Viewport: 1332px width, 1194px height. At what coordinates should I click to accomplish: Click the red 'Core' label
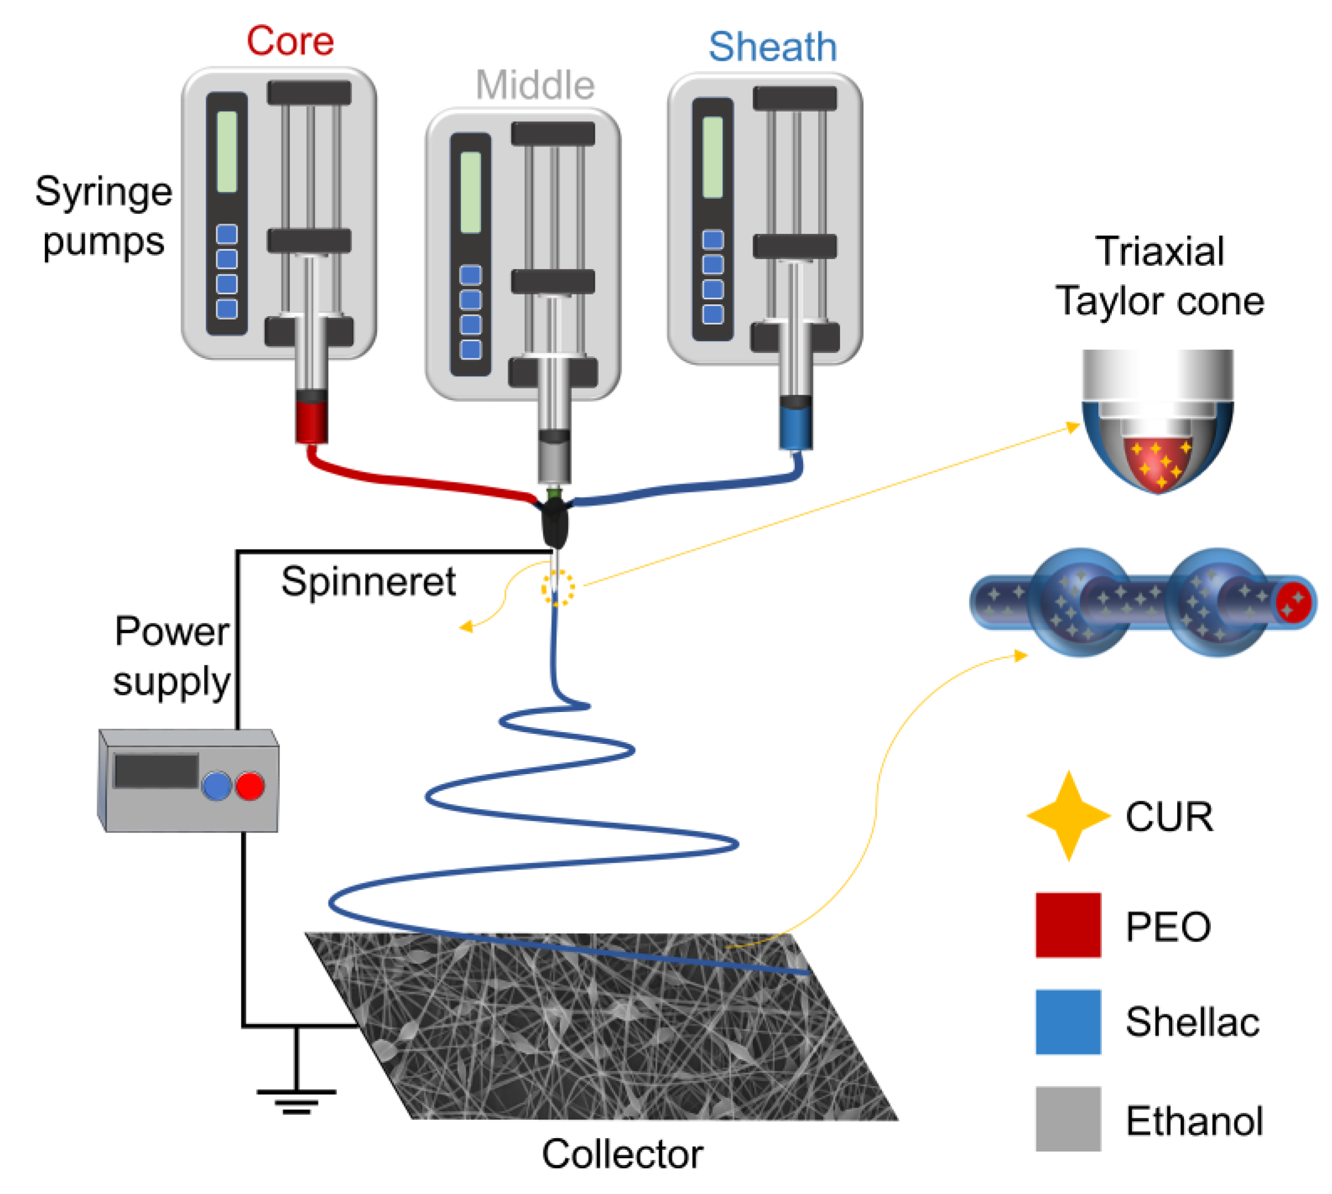[290, 41]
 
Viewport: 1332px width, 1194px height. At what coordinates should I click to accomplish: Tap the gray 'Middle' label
[534, 85]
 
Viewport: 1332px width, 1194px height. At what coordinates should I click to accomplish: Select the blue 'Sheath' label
[772, 47]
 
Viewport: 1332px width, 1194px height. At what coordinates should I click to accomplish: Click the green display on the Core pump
[226, 151]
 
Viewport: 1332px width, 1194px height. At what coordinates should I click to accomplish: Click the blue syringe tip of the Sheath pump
[795, 427]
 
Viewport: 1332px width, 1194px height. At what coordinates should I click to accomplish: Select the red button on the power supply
[249, 785]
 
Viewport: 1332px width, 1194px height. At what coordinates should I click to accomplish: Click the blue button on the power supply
[217, 785]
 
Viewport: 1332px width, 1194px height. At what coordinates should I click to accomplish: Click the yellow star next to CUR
[1068, 815]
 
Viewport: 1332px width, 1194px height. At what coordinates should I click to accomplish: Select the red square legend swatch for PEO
[1068, 924]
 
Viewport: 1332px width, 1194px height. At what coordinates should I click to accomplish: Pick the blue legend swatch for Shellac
[1068, 1021]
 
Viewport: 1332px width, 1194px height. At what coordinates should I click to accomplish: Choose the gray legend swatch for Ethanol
[1068, 1119]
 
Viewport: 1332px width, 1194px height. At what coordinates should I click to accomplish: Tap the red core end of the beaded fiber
[1293, 601]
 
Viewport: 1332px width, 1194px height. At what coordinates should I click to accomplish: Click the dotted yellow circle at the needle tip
[557, 587]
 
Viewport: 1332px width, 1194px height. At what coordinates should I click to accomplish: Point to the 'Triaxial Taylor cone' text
[1159, 276]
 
